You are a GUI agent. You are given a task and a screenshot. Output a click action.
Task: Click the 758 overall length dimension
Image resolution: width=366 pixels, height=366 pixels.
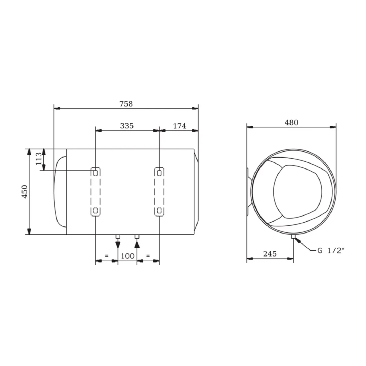coord(126,104)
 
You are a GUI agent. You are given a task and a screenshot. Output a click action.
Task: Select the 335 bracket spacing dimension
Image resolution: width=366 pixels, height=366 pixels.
coord(127,126)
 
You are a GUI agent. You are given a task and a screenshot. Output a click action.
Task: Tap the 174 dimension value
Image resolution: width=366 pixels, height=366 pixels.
coord(180,126)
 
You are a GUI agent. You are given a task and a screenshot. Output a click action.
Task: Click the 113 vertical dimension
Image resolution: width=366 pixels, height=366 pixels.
coord(39,159)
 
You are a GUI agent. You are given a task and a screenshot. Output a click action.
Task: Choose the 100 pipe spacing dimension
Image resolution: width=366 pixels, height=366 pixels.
coord(127,256)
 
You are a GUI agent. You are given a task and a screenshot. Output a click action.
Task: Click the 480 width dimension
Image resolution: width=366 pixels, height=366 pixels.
coord(291,122)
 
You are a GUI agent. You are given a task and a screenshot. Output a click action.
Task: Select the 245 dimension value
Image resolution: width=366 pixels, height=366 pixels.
coord(270,253)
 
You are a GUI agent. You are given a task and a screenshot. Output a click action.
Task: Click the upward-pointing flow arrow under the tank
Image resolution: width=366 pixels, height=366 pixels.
coord(137,244)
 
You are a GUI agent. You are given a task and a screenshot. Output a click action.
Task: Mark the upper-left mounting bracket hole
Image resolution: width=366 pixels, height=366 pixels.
coord(96,173)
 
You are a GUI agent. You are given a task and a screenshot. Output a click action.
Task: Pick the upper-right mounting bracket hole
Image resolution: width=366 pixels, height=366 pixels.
coord(159,173)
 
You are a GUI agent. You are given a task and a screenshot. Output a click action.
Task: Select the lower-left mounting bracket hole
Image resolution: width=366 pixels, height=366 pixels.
coord(96,211)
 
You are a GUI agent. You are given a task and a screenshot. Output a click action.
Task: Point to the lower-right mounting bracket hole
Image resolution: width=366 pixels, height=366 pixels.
coord(159,211)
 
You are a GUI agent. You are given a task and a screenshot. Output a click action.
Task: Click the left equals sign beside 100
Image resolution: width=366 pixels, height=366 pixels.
coord(106,256)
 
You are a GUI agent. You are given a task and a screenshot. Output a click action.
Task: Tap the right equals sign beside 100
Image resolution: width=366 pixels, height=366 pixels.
coord(148,256)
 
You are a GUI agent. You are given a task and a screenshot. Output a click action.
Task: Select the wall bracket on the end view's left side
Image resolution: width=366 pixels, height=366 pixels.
coord(249,191)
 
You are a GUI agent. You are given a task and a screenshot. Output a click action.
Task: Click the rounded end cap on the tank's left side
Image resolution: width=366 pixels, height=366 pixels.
coord(60,191)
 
